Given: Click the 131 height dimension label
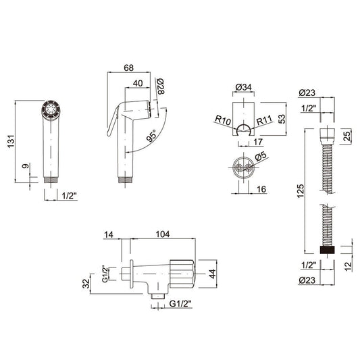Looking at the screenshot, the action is pos(11,141).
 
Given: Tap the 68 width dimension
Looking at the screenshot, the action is pos(128,68).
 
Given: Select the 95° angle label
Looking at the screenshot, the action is pos(151,136).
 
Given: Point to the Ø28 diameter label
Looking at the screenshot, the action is pos(161,86).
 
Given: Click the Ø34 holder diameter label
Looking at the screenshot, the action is pos(244,87).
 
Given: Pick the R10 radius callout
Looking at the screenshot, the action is pos(223,120).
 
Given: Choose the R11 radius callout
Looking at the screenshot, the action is pos(264,120).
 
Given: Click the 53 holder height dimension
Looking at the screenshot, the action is pos(282,119).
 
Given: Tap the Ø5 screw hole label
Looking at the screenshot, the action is pos(261,156).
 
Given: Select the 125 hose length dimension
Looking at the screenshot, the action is pos(300,190).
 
